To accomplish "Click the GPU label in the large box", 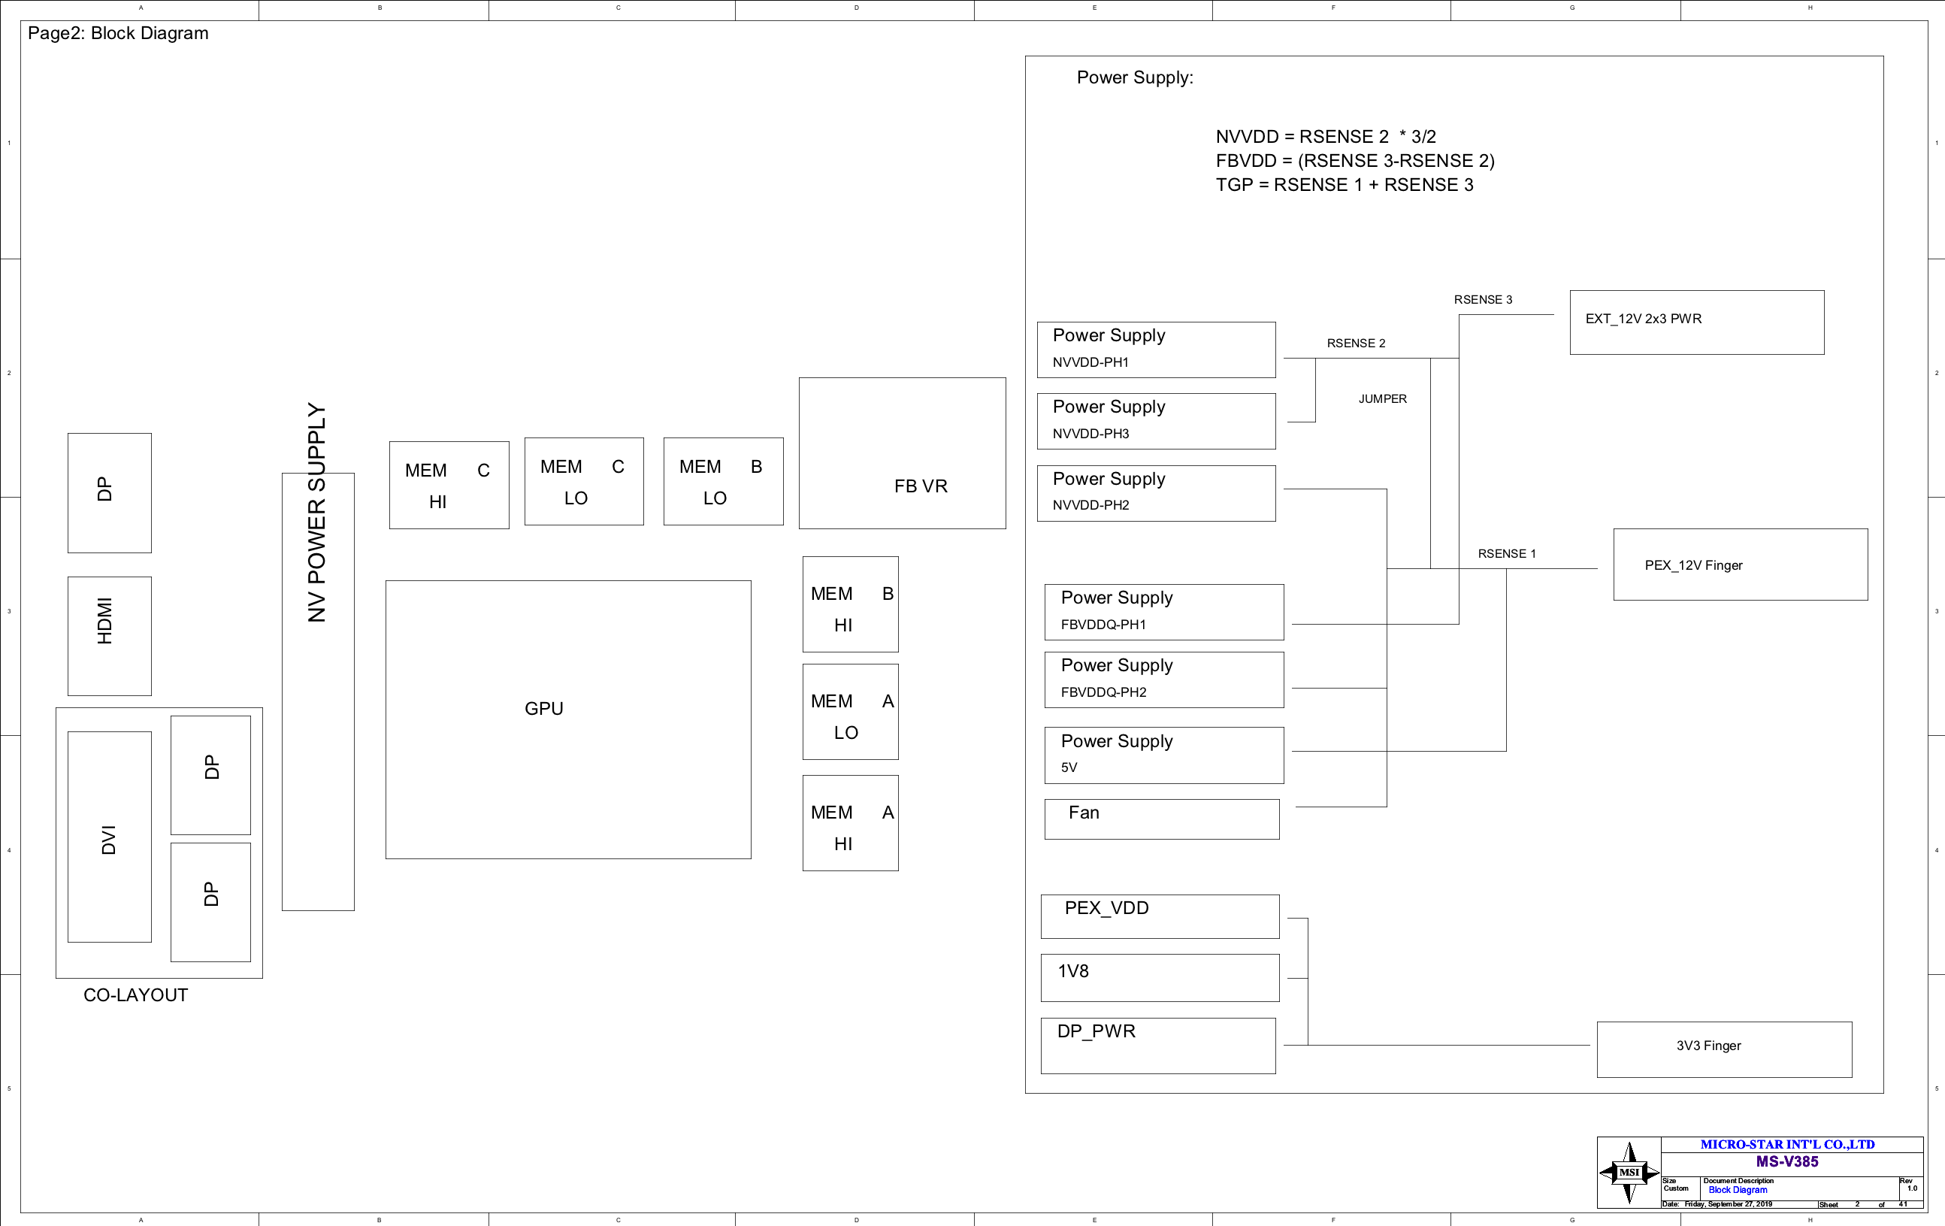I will [543, 708].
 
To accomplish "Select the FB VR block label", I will [920, 486].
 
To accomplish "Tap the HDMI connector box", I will [109, 636].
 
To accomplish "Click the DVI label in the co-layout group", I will [109, 839].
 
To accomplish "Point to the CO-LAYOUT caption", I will [136, 995].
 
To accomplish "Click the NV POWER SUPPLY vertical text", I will [316, 513].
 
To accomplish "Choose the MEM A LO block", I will [850, 713].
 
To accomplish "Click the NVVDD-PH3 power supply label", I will [1090, 434].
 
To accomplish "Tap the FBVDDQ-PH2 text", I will [1103, 692].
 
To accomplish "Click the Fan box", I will [1160, 819].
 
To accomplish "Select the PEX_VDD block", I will [1159, 916].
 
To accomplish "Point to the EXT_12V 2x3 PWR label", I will [1643, 319].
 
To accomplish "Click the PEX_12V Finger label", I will [1693, 565].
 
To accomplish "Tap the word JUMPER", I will [1382, 399].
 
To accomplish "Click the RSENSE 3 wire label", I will [1483, 300].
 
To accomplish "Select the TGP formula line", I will [1344, 185].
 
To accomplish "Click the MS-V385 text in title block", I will [1786, 1161].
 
